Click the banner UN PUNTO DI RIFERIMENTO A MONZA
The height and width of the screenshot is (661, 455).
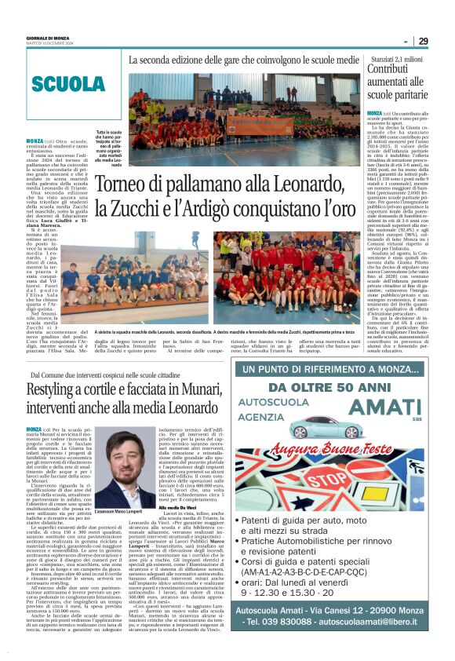(x=339, y=369)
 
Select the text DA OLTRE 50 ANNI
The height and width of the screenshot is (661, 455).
(x=338, y=387)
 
